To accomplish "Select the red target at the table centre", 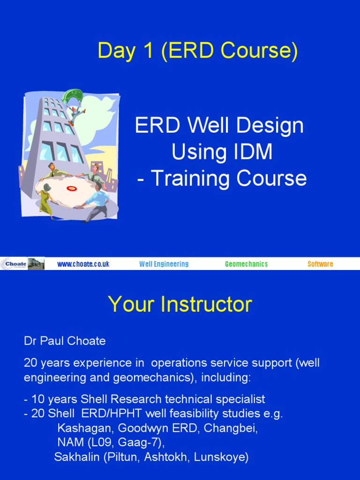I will point(71,188).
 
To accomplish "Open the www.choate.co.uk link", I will point(83,264).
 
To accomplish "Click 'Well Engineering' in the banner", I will point(164,264).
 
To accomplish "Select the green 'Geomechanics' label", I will point(246,264).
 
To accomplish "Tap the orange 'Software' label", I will point(320,264).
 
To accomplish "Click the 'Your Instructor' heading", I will point(180,305).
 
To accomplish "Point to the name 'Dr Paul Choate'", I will point(65,341).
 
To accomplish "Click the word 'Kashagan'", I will point(85,428).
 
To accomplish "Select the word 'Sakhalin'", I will point(76,457).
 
